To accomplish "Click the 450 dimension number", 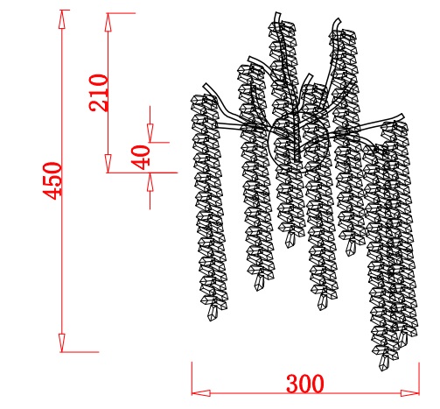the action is click(x=52, y=181).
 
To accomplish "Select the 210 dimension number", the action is click(x=99, y=93).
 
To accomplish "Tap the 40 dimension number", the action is click(x=141, y=158).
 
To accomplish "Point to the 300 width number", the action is click(x=305, y=384).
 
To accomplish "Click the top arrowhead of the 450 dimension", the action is click(x=61, y=19).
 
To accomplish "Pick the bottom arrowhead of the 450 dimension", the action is click(x=61, y=342).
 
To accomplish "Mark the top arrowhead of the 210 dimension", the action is click(x=108, y=22).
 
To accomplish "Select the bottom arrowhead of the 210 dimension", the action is click(x=108, y=164).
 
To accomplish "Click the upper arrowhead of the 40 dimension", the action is click(x=150, y=133).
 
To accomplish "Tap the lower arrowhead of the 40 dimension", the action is click(x=150, y=182).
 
